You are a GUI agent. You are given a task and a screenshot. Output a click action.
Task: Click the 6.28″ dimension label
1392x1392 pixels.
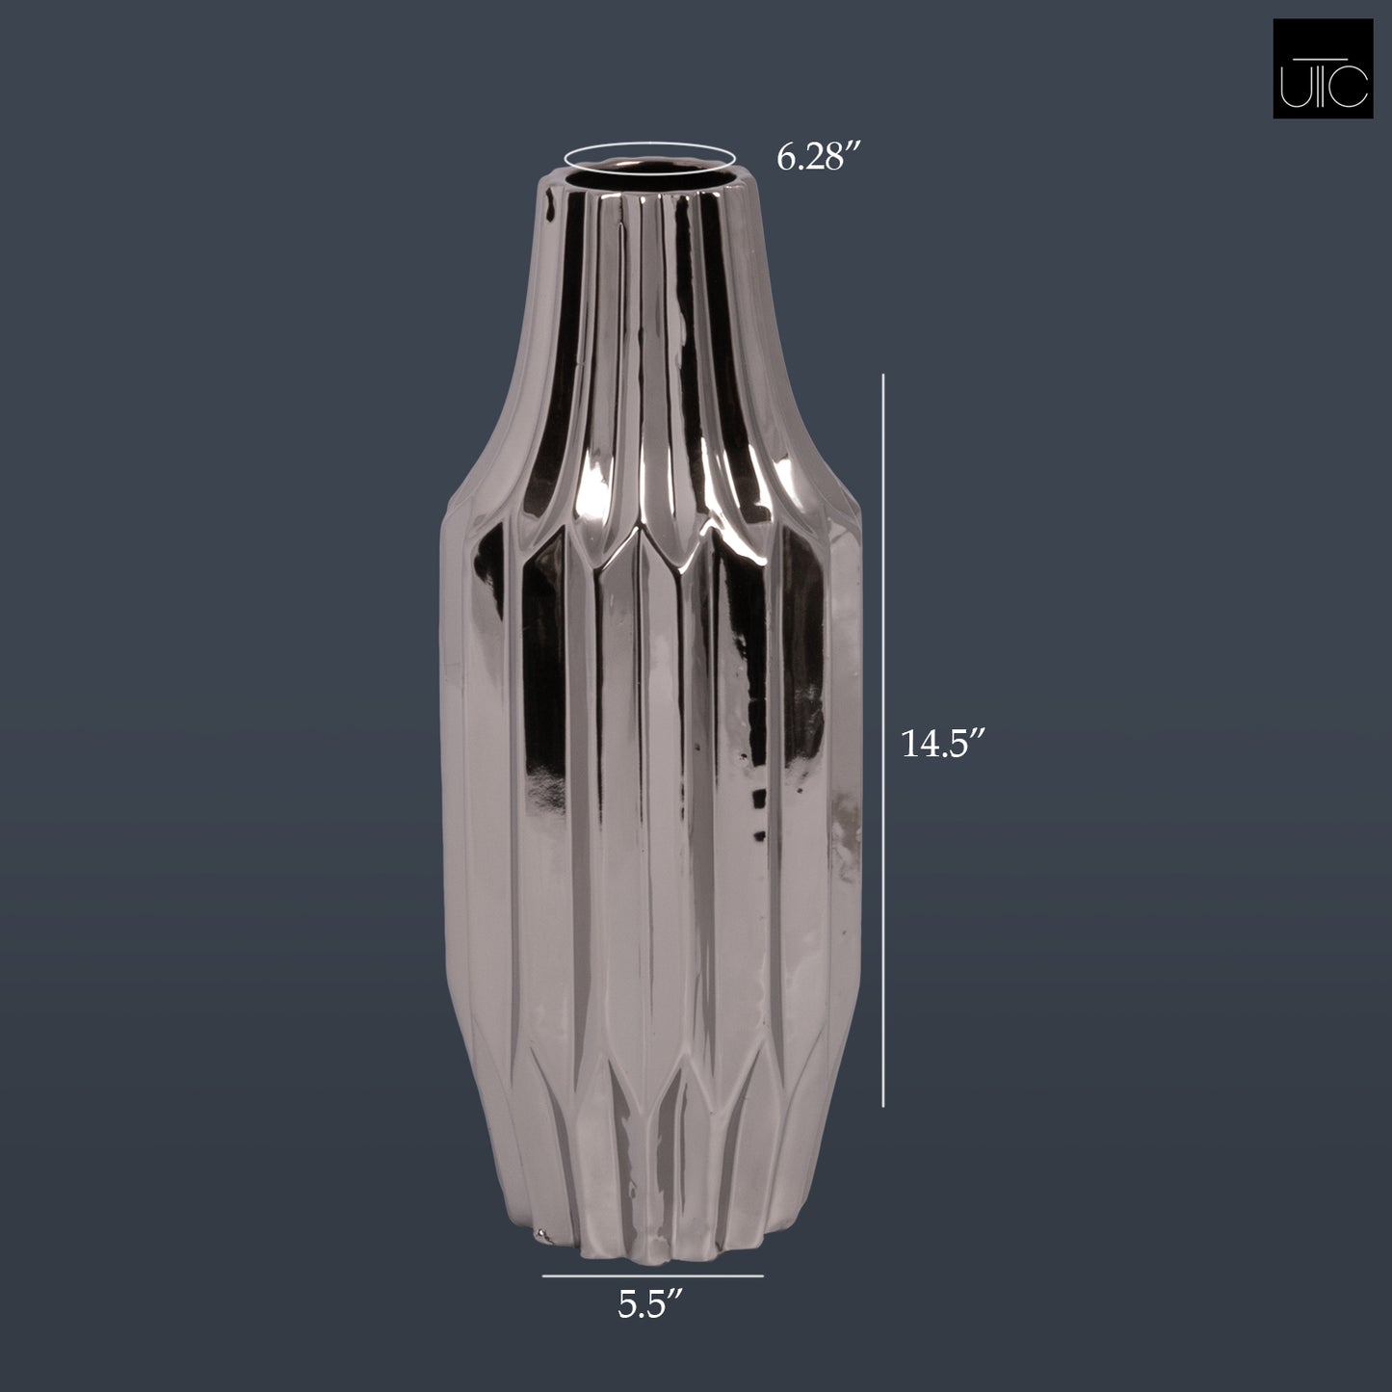coord(817,157)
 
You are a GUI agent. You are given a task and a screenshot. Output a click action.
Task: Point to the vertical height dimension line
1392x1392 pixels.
coord(884,742)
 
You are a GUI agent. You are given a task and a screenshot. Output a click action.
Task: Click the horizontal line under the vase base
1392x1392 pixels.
coord(652,1276)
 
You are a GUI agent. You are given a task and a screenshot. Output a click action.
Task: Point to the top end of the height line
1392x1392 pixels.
coord(884,378)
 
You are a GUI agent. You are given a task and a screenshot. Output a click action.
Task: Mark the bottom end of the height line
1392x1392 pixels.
coord(884,1106)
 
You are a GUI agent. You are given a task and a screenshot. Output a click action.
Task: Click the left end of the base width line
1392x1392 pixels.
coord(543,1276)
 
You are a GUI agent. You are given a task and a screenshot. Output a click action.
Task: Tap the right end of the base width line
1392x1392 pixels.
coord(763,1276)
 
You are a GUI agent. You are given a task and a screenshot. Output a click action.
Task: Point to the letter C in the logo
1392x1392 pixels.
coord(1353,88)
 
